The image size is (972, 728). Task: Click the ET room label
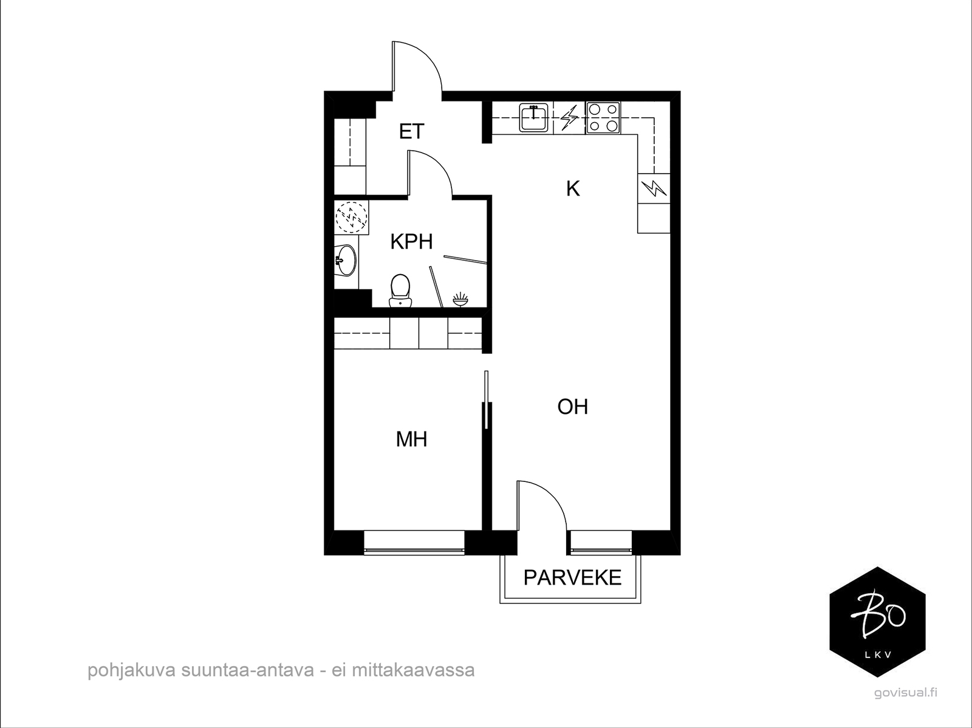point(411,131)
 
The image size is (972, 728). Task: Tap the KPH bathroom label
point(411,242)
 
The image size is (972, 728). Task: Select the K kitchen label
point(573,188)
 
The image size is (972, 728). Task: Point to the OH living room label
point(573,407)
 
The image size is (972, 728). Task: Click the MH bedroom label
point(411,439)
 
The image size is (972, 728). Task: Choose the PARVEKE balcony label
point(572,577)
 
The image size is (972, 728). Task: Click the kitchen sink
point(533,118)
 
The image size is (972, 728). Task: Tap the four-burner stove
point(603,118)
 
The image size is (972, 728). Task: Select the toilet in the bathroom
point(400,290)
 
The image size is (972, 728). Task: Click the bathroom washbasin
point(345,260)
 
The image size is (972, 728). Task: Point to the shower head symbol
point(460,300)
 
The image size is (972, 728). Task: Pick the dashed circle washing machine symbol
point(352,218)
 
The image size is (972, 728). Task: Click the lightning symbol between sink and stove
point(569,118)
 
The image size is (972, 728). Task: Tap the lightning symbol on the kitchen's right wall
point(654,188)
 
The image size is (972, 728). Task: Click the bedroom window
point(414,543)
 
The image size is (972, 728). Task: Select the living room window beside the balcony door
point(601,543)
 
